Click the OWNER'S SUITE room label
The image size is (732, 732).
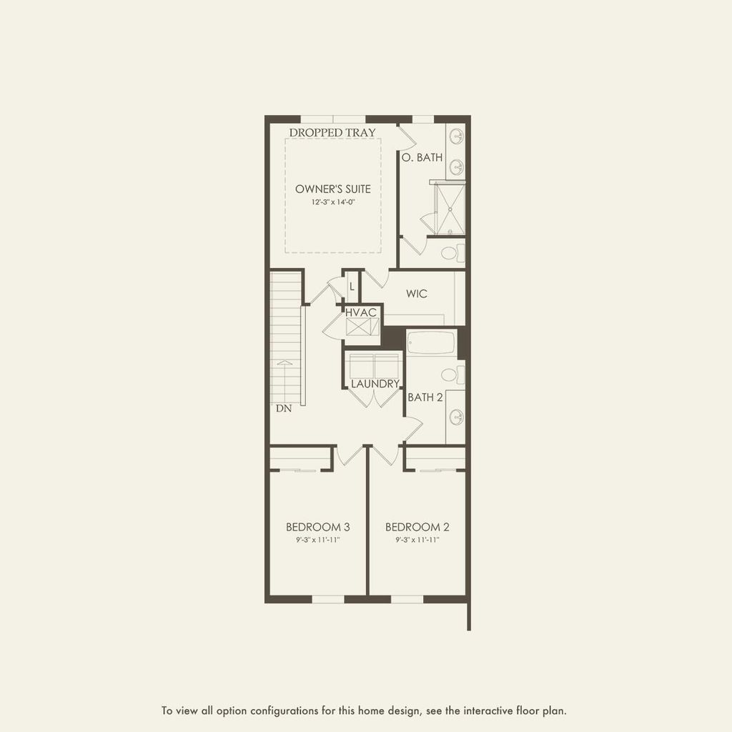333,189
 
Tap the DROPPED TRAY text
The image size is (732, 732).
332,132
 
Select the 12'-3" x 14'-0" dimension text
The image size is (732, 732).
333,202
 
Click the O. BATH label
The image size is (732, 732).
422,157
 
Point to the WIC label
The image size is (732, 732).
417,294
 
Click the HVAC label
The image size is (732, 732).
362,313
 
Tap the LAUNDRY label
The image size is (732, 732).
375,384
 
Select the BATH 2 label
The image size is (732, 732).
425,397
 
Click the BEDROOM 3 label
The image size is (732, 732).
318,527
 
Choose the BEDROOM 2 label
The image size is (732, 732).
417,527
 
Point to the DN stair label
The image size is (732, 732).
284,410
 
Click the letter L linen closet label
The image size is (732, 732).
352,287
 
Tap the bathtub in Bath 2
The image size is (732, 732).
430,342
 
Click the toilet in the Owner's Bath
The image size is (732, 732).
452,252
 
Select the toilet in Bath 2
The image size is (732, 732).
452,375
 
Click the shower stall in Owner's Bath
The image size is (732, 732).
449,209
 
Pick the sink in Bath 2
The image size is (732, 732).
455,417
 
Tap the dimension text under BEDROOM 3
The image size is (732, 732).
318,540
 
